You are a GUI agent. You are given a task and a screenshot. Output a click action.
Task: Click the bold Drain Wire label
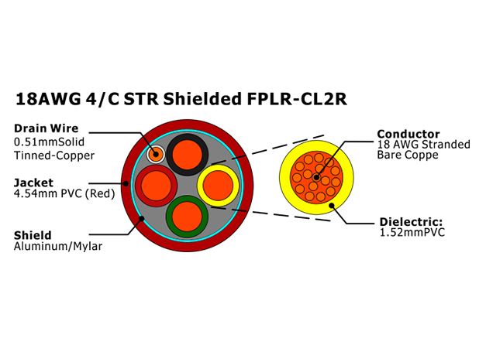coord(47,128)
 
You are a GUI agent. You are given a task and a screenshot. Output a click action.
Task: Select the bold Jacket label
coord(33,183)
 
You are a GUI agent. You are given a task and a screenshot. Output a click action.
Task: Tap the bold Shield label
coord(33,235)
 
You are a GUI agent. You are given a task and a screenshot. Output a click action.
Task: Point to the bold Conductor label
coord(408,134)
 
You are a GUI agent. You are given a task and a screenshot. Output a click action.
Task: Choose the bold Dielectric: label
coord(411,222)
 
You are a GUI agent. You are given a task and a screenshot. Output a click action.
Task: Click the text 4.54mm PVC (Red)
coord(64,193)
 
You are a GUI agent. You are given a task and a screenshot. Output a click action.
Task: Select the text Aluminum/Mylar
coord(58,246)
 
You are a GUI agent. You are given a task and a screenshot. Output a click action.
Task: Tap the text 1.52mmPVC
coord(412,232)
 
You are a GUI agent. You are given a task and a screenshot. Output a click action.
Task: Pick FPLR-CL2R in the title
coord(297,99)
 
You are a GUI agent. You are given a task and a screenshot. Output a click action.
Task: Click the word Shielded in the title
coord(202,99)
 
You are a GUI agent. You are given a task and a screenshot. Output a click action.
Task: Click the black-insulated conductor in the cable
coord(188,155)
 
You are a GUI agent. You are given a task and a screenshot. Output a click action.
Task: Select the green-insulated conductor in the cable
coord(188,217)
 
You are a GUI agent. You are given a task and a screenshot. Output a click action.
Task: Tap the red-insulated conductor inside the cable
coord(157,186)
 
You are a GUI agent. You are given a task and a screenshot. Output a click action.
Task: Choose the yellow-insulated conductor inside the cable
coord(219,186)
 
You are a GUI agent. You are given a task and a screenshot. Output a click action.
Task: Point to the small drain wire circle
coord(156,154)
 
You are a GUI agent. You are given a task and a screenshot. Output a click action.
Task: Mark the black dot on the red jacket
coord(126,183)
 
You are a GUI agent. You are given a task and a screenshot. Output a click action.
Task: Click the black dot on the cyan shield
coord(142,218)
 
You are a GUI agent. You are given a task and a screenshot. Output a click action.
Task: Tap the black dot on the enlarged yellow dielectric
coord(332,206)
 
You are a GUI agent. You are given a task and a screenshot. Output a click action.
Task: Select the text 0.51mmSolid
coord(50,142)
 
